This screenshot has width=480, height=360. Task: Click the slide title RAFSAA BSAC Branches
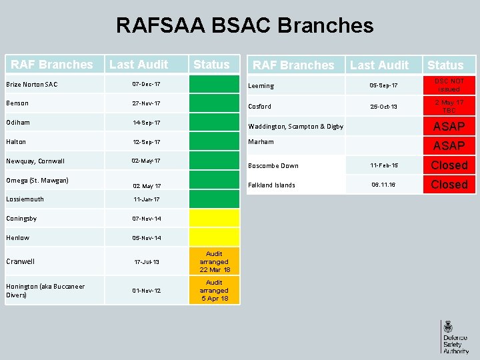click(x=245, y=25)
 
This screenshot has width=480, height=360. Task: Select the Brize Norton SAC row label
click(x=31, y=84)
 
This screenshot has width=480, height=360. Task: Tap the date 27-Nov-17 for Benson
click(x=146, y=103)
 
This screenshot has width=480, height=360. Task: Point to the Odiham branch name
click(x=18, y=123)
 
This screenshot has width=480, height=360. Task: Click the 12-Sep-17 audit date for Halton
click(x=146, y=143)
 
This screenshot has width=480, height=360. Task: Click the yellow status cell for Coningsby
click(x=214, y=218)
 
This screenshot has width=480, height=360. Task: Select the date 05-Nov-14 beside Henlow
click(x=146, y=238)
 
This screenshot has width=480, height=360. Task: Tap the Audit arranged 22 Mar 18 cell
click(x=214, y=262)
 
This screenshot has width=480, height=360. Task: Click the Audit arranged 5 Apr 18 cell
click(x=214, y=291)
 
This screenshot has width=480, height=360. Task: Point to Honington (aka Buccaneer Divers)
click(x=45, y=290)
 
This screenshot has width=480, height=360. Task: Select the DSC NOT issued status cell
click(x=449, y=85)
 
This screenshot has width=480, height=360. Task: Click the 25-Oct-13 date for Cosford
click(x=384, y=106)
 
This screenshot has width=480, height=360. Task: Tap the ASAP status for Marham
click(x=449, y=145)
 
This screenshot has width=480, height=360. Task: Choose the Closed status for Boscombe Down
click(x=449, y=165)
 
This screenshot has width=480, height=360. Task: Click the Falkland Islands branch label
click(x=271, y=185)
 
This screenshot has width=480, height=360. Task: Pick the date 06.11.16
click(x=384, y=185)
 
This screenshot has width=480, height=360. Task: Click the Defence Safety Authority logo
click(x=455, y=336)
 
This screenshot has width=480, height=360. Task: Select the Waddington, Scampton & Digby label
click(x=295, y=127)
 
